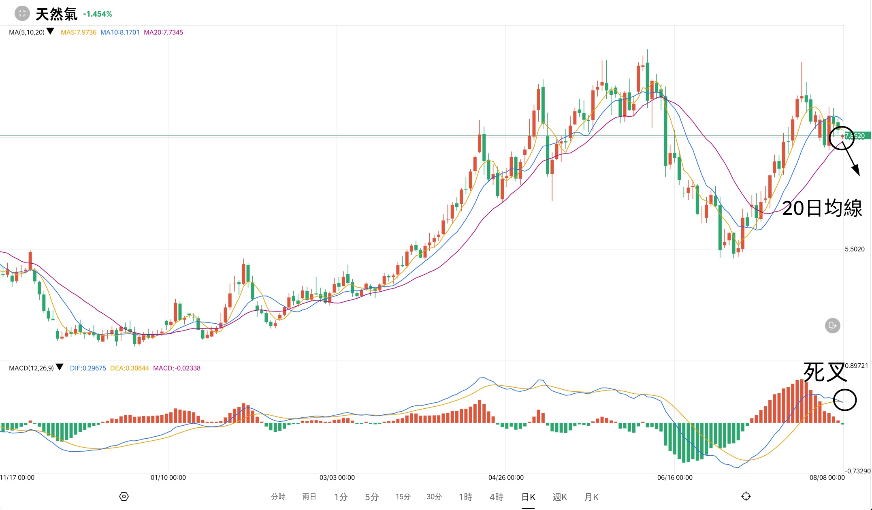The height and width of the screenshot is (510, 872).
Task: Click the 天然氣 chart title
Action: pyautogui.click(x=56, y=14)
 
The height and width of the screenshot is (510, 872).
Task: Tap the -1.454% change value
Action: pyautogui.click(x=98, y=14)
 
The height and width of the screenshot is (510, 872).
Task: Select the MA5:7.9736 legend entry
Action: pyautogui.click(x=79, y=32)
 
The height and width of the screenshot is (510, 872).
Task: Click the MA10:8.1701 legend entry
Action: pyautogui.click(x=120, y=32)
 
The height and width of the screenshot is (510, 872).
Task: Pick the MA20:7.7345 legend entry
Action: pyautogui.click(x=163, y=32)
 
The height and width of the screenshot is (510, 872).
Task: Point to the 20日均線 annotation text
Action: pyautogui.click(x=822, y=208)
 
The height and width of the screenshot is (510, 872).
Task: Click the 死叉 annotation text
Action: pyautogui.click(x=825, y=372)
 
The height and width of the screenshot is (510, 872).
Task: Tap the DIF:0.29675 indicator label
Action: pyautogui.click(x=88, y=368)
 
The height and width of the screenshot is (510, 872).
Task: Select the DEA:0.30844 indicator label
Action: pyautogui.click(x=130, y=368)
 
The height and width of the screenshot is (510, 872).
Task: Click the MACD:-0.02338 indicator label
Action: pyautogui.click(x=177, y=368)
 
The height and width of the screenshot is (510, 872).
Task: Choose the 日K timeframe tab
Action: pyautogui.click(x=528, y=497)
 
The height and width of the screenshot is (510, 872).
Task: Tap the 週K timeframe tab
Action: pyautogui.click(x=559, y=497)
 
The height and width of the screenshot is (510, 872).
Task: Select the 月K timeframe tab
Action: pyautogui.click(x=591, y=497)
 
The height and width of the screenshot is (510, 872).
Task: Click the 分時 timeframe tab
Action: pyautogui.click(x=278, y=497)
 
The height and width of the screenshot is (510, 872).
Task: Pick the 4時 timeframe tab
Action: pyautogui.click(x=497, y=497)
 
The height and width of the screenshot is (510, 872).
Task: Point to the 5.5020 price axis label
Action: pyautogui.click(x=855, y=249)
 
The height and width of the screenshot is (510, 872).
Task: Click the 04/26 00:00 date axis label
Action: pyautogui.click(x=506, y=478)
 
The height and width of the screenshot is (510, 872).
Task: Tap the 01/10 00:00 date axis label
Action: pyautogui.click(x=168, y=478)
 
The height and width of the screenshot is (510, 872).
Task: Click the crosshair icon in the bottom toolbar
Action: pyautogui.click(x=746, y=497)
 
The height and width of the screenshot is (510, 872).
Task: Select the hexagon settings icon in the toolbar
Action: pyautogui.click(x=124, y=497)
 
